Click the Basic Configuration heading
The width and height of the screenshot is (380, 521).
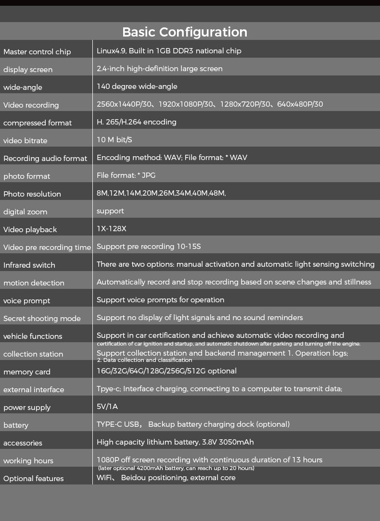coord(185,32)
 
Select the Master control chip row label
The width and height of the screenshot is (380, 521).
coord(37,52)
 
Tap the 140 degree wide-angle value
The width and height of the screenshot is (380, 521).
coord(137,87)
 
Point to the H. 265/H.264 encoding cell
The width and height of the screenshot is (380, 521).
coord(137,122)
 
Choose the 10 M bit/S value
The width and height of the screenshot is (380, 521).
coord(114,140)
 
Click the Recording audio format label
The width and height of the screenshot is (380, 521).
coord(45,159)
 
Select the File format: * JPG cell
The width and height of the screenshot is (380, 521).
coord(126,175)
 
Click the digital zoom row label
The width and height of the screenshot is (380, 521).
coord(25,212)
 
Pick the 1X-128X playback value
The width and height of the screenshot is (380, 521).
coord(112,229)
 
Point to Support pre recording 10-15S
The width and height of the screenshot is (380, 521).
coord(149,247)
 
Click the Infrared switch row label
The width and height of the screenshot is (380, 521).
coord(29,265)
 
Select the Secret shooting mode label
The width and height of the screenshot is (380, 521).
coord(42,319)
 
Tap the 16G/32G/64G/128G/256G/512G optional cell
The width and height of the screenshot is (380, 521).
coord(166,371)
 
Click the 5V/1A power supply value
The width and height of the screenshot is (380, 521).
coord(107,407)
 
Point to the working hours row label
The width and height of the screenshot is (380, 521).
coord(28,461)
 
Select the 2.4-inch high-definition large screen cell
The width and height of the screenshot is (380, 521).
coord(160,69)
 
